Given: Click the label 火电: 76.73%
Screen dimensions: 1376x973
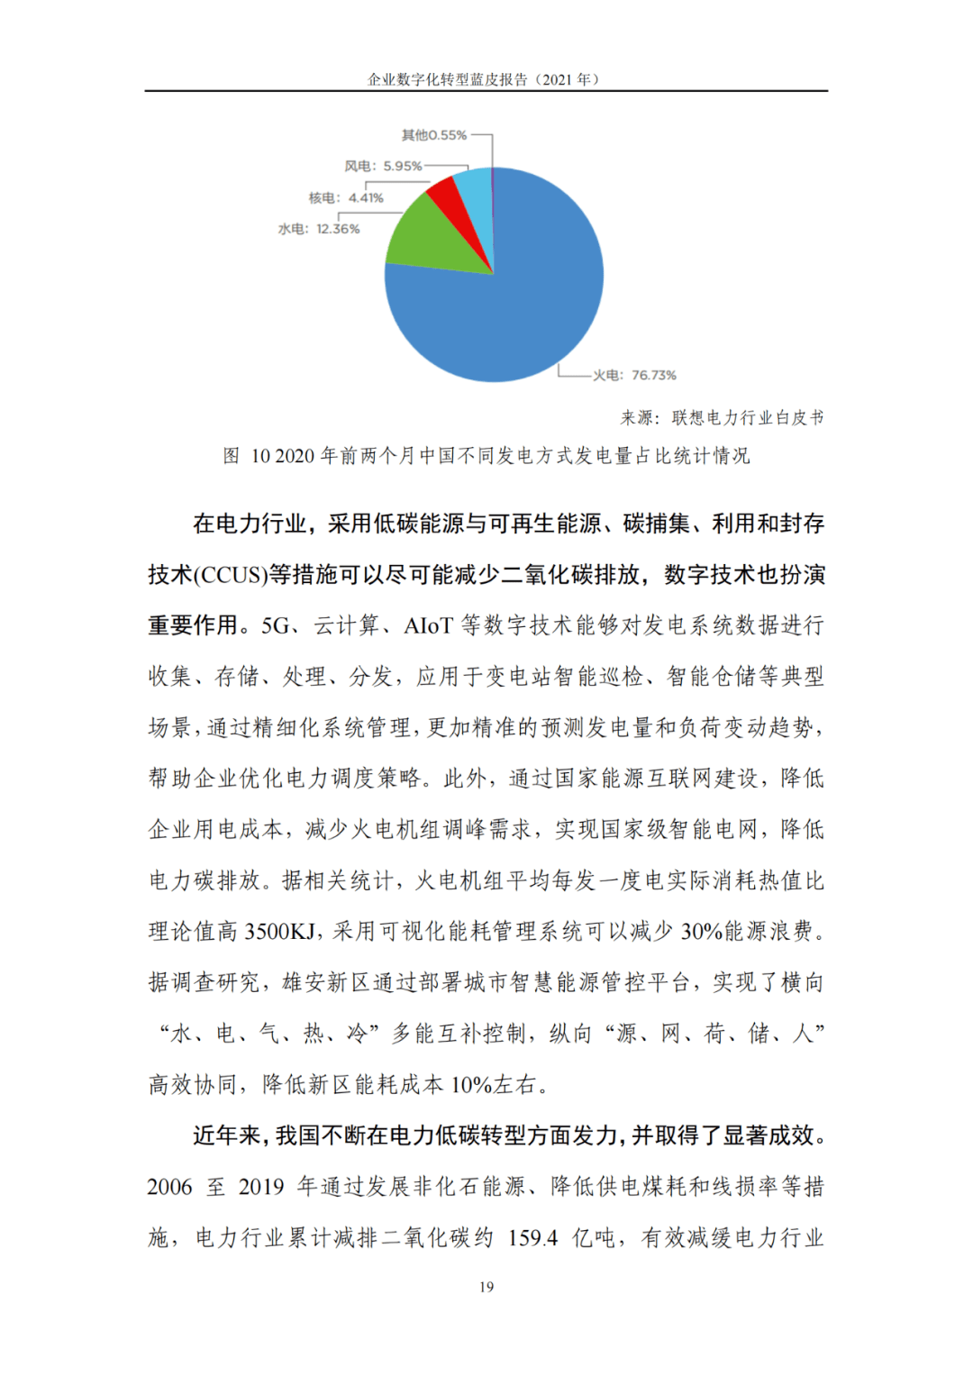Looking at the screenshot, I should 634,375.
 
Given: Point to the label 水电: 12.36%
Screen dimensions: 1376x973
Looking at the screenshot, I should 319,229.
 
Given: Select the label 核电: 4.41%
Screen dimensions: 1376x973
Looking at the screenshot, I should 346,197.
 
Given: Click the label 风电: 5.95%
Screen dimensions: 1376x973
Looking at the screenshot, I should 383,166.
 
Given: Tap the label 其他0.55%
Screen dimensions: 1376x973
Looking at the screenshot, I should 434,135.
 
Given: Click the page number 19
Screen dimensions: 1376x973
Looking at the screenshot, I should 486,1287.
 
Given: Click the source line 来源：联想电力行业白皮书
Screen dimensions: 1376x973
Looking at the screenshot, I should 722,417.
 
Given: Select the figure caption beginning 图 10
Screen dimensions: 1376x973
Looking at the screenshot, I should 486,456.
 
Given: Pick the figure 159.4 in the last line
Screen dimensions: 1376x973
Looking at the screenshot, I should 532,1238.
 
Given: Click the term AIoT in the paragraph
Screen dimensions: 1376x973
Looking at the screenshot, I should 428,625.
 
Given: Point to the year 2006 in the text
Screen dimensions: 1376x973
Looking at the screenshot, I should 170,1187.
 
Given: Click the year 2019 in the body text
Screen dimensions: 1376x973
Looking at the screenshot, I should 261,1187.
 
